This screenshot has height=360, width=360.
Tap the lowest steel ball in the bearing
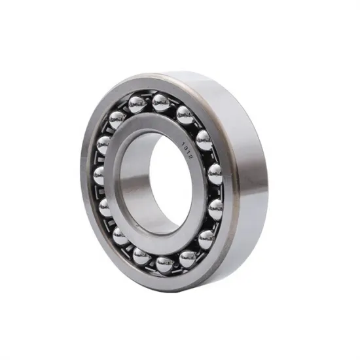coord(164,264)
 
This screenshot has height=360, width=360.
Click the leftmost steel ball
coord(99,175)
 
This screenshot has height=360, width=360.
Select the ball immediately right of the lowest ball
coord(188,259)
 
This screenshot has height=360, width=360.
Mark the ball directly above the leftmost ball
coord(103,145)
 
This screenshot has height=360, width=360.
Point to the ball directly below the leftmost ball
coord(105,207)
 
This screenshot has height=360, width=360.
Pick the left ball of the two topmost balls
coord(137,104)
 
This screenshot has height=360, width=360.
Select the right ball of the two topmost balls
coord(160,103)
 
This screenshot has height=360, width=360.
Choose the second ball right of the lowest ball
coord(206,240)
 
